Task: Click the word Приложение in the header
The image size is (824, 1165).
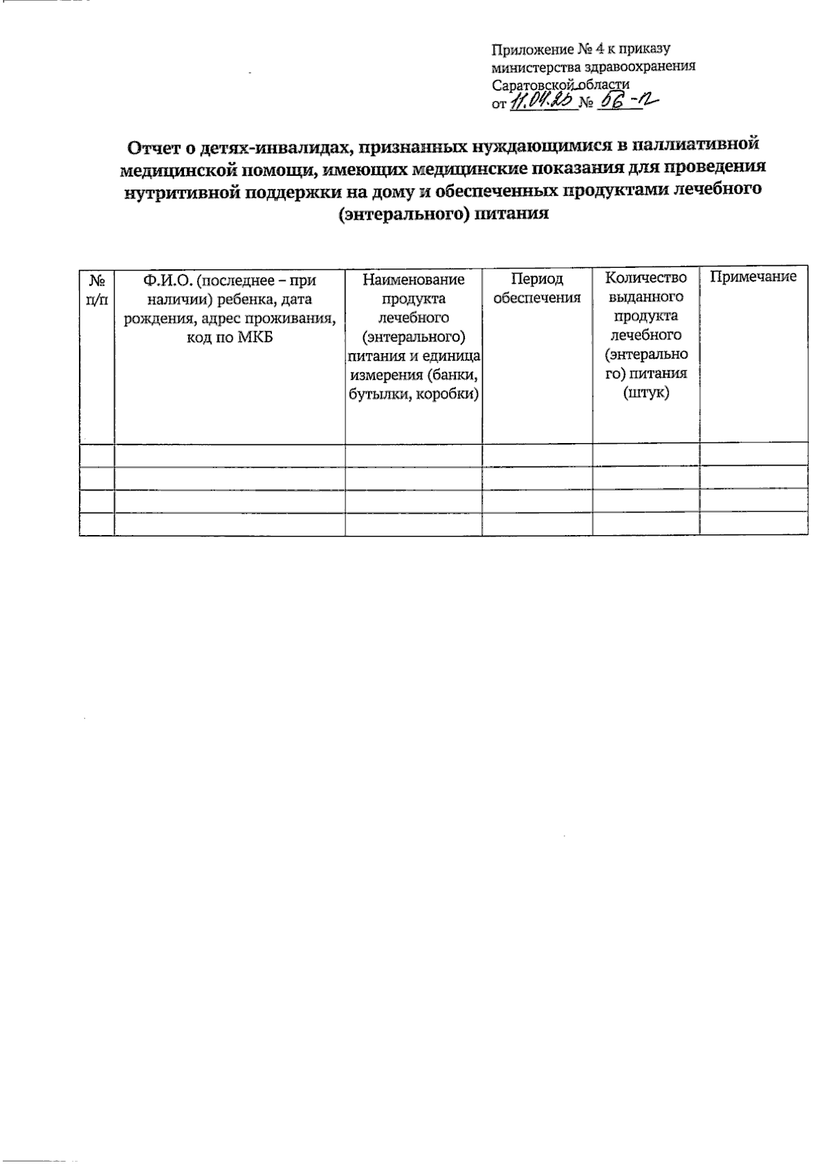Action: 525,49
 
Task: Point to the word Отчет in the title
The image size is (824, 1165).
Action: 154,147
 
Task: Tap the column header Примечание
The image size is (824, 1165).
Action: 753,277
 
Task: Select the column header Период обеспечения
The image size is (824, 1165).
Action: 537,289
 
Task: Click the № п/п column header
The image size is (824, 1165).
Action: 97,289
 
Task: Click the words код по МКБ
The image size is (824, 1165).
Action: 229,337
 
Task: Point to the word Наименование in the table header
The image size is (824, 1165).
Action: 413,280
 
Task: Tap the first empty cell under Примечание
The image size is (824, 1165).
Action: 753,455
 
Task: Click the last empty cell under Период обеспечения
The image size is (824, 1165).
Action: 537,524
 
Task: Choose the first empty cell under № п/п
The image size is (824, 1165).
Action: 97,455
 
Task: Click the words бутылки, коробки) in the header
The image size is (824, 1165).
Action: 413,394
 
